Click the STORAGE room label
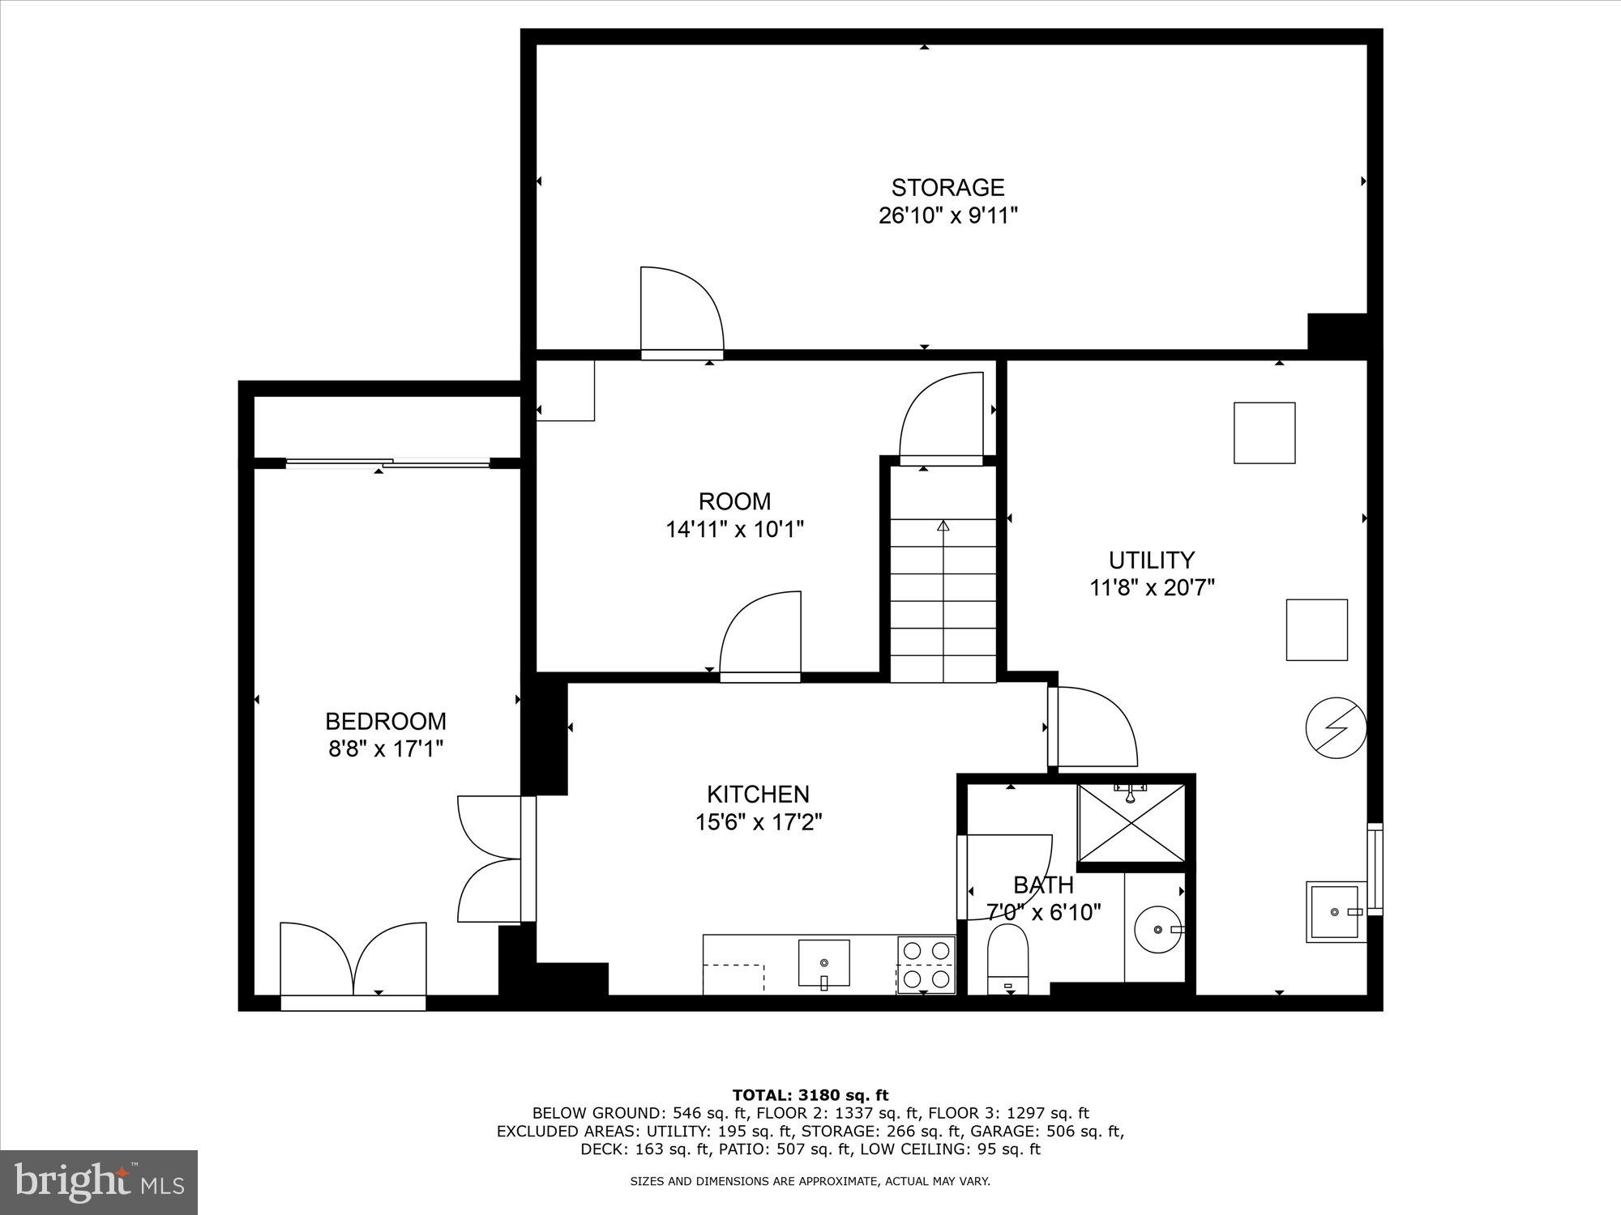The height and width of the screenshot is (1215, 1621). (x=947, y=188)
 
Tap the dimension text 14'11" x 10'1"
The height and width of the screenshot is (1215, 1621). (x=734, y=530)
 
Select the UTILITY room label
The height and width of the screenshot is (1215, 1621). (x=1151, y=560)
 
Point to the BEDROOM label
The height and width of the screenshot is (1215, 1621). (x=386, y=721)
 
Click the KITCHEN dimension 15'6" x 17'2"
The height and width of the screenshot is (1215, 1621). (x=759, y=822)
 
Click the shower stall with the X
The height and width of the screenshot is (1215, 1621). (x=1131, y=823)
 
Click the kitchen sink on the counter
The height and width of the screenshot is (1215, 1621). (x=823, y=963)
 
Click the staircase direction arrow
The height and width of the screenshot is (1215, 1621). (x=943, y=526)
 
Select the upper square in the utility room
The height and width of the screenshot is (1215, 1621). (x=1264, y=433)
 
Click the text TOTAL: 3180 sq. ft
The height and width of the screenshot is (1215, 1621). (x=810, y=1095)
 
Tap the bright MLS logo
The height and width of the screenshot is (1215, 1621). (x=99, y=1182)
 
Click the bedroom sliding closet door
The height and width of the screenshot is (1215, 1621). (x=387, y=463)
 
